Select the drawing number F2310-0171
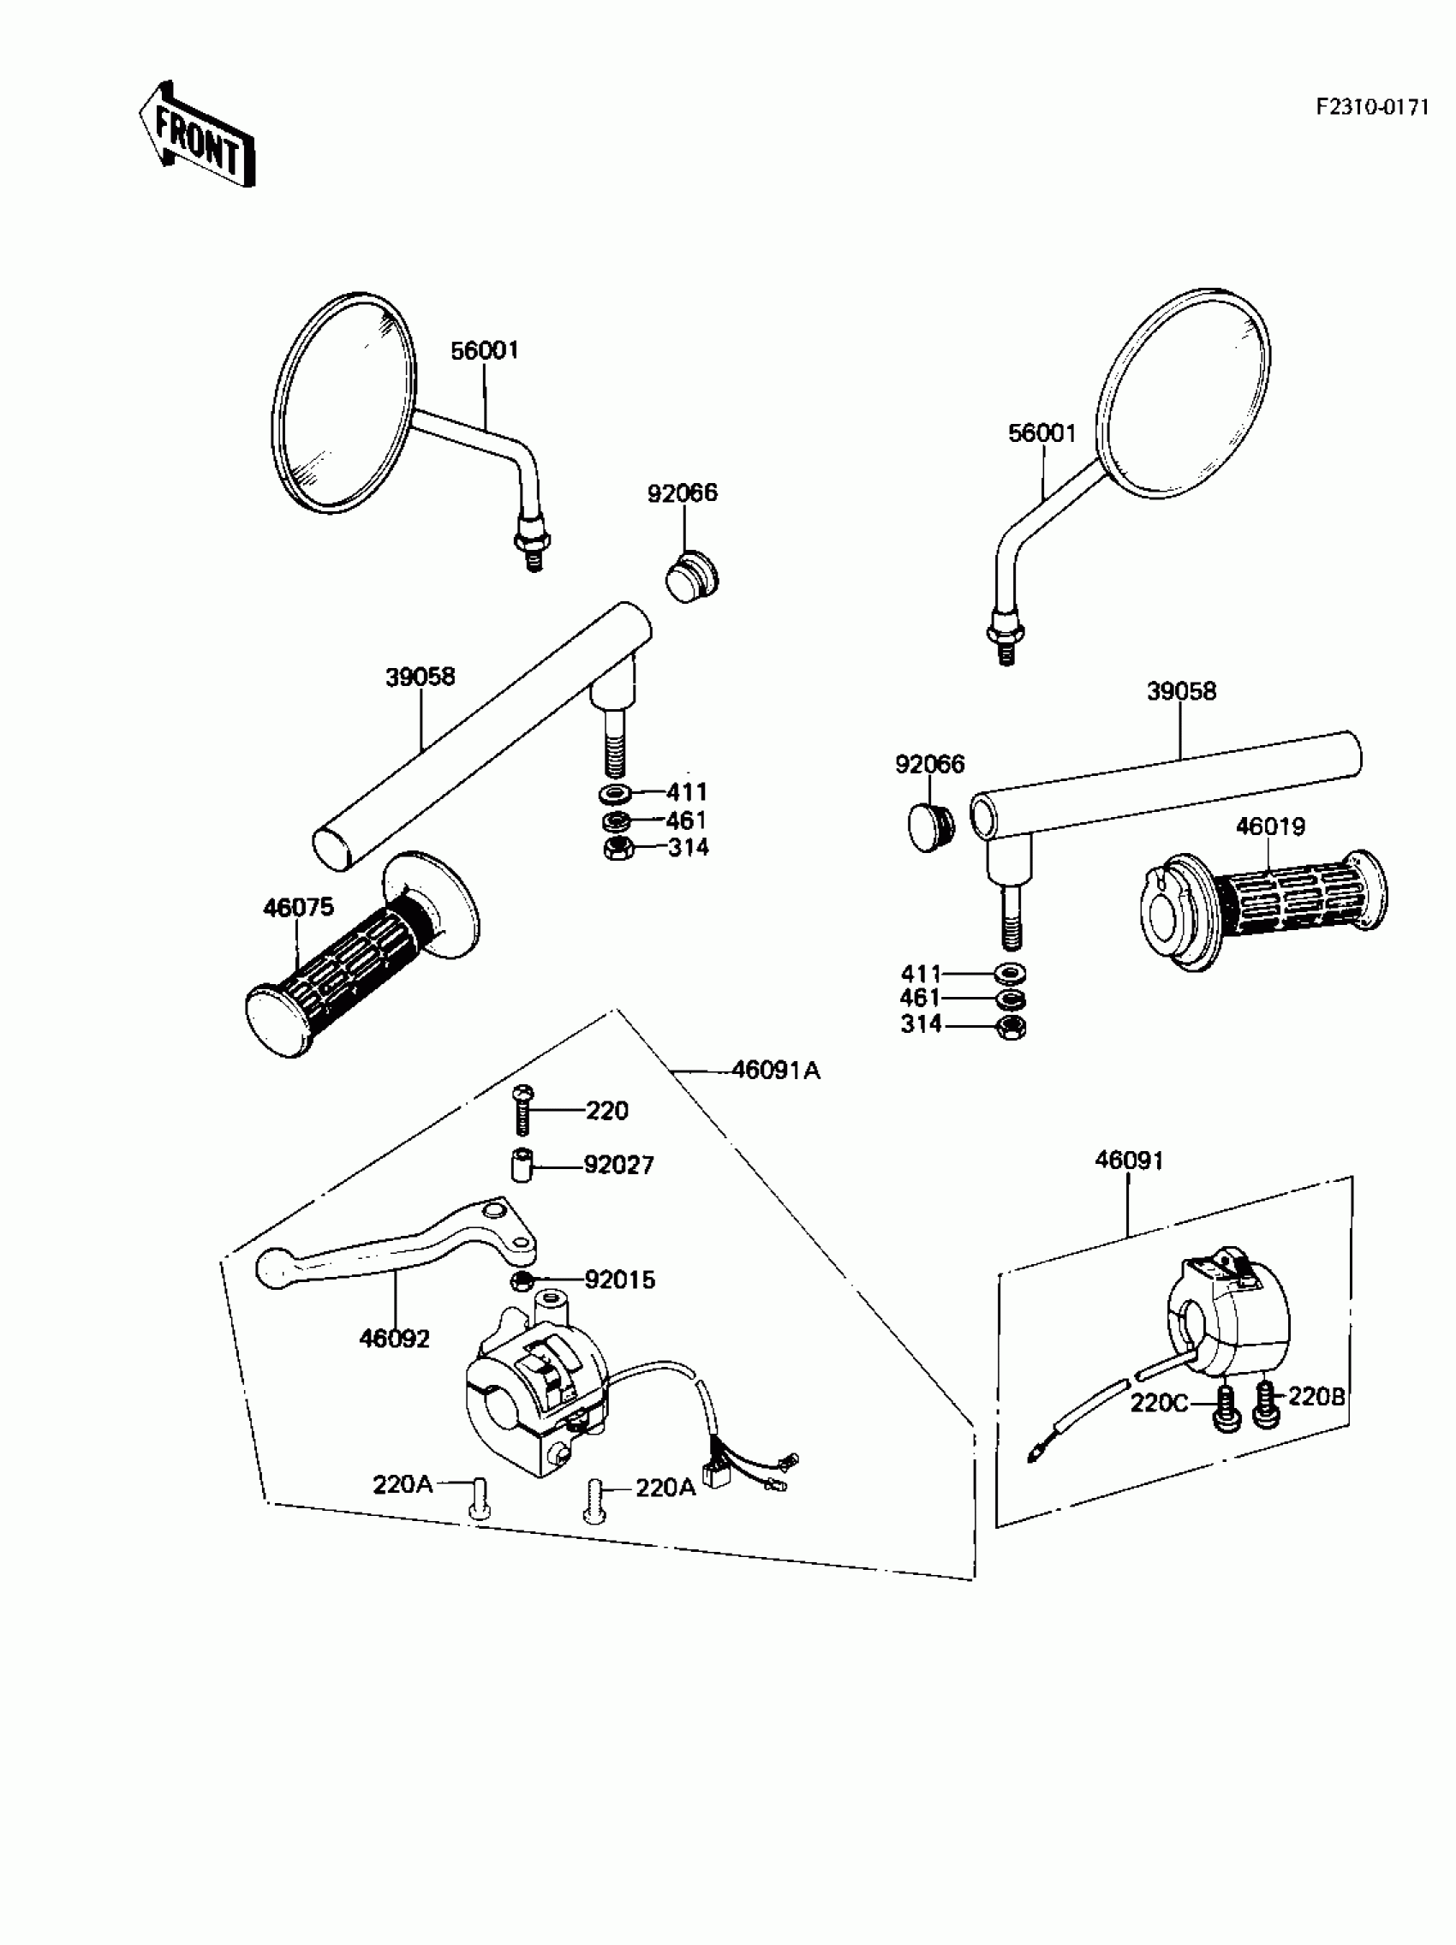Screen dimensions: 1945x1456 (1371, 107)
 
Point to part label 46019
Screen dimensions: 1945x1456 (1270, 826)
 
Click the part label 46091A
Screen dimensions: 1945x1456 (775, 1070)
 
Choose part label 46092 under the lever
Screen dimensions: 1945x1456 (394, 1339)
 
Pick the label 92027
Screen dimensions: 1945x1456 (619, 1166)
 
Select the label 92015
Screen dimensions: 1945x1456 (620, 1280)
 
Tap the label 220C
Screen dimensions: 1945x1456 (1159, 1404)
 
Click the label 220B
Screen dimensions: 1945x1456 (1316, 1396)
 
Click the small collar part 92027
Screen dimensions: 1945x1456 (522, 1166)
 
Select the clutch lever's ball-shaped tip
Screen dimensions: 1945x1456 (272, 1268)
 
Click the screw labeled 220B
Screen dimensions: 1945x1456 (1265, 1405)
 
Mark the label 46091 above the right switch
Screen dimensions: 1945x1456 (1129, 1160)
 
